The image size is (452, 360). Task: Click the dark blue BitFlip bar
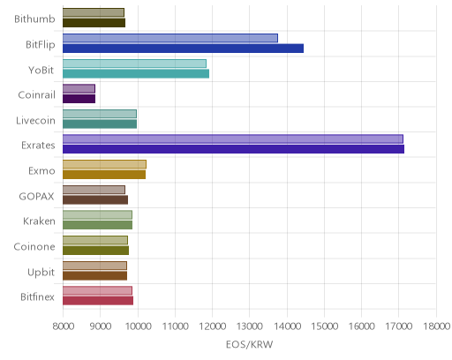point(183,49)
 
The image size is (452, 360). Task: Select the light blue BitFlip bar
point(170,38)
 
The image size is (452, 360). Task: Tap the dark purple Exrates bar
point(233,149)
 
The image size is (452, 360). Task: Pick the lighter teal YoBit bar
point(134,64)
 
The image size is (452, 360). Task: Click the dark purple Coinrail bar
point(79,99)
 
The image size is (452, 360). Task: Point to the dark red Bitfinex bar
point(98,301)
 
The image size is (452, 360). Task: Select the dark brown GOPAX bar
point(95,200)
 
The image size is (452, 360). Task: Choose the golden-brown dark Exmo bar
point(104,175)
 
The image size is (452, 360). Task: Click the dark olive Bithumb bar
point(94,23)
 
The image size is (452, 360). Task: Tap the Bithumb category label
point(34,19)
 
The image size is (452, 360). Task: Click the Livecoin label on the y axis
point(35,121)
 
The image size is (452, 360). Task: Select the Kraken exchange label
point(39,221)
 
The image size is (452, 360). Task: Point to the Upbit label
point(41,273)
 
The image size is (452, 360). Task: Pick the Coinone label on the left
point(34,247)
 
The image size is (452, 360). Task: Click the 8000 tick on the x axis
point(64,326)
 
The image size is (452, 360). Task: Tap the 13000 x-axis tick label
point(250,326)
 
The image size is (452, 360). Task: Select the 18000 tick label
point(437,326)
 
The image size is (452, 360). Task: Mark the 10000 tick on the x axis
point(138,326)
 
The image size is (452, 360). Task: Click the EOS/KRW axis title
point(250,344)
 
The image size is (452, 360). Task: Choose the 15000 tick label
point(325,326)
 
